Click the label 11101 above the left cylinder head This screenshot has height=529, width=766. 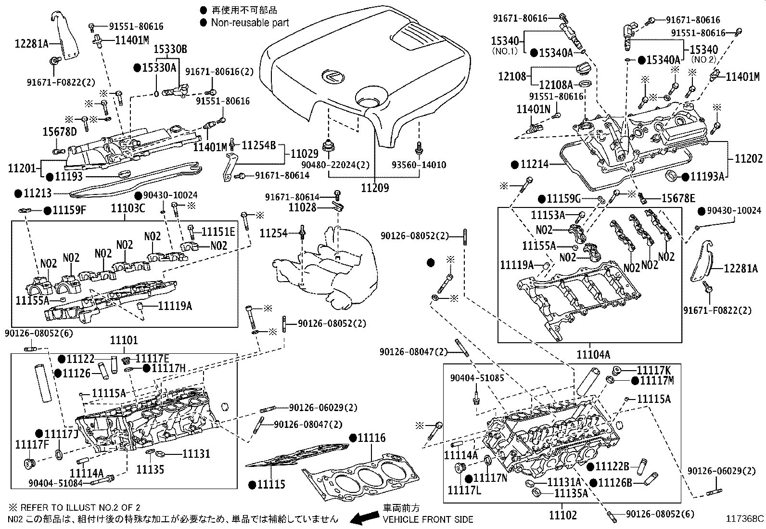tap(124, 341)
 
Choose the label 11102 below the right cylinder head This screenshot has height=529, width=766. tap(563, 515)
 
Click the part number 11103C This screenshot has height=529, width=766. tap(128, 208)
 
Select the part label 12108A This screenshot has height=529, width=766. tap(556, 85)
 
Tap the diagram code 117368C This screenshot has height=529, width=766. tap(745, 519)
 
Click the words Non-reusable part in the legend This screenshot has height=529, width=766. tap(250, 22)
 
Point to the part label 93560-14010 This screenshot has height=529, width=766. tap(421, 165)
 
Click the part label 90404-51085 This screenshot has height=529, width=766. tap(477, 378)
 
